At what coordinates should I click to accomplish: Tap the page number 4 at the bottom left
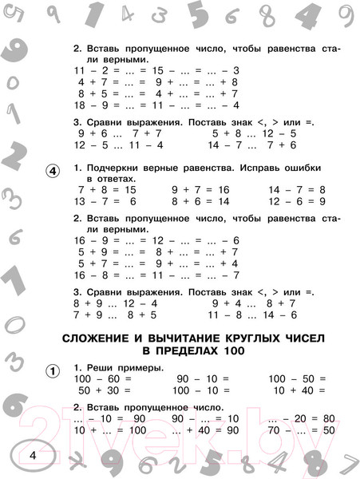click(x=32, y=454)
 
